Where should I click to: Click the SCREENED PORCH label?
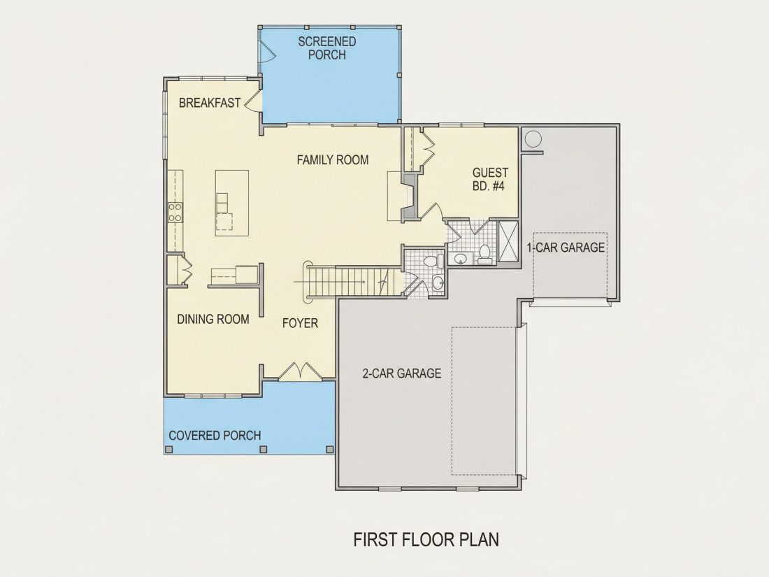pos(327,48)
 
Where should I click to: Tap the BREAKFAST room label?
pos(210,103)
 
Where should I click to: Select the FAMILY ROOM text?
pos(333,159)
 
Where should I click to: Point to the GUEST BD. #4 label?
pos(490,179)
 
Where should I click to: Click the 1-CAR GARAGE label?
pos(566,248)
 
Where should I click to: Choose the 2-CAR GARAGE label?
pos(402,373)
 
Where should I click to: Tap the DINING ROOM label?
pos(213,320)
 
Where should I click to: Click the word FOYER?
pos(300,323)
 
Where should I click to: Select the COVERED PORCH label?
pos(215,436)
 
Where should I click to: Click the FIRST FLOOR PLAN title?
pos(426,540)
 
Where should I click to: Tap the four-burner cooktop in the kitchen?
pos(175,212)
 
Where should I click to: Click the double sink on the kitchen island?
pos(222,203)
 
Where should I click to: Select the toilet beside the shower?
pos(484,255)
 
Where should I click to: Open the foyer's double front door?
pos(300,371)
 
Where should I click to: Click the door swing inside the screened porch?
pos(267,51)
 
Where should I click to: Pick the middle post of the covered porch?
pos(264,449)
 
